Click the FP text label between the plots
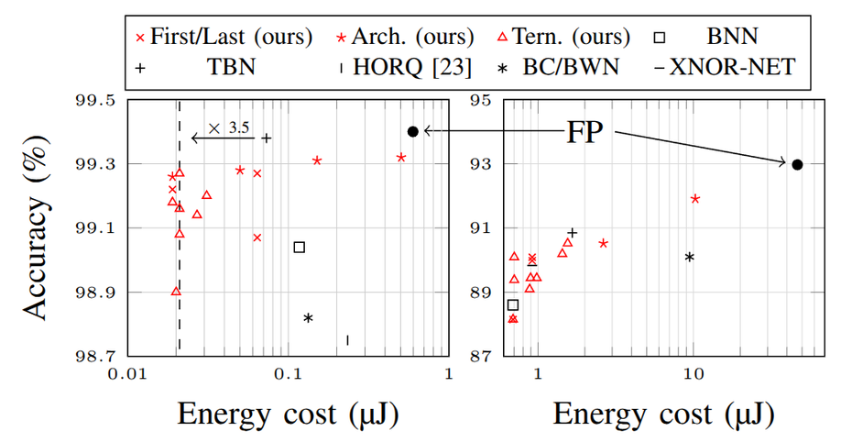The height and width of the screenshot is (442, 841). tap(583, 131)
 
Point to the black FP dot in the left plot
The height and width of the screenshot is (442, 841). tap(413, 131)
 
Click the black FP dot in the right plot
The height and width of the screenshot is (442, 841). tap(797, 164)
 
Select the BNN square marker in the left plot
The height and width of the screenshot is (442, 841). tap(299, 247)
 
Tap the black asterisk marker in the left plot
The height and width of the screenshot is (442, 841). tap(309, 318)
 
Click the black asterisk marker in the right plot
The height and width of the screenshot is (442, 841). tap(690, 258)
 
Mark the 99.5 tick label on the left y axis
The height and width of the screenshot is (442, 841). tap(94, 100)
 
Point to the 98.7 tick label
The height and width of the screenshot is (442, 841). tap(94, 356)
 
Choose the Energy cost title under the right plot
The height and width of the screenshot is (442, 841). tap(663, 415)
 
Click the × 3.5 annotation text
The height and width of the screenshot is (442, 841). tap(229, 128)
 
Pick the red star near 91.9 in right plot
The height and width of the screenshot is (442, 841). tap(695, 198)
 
